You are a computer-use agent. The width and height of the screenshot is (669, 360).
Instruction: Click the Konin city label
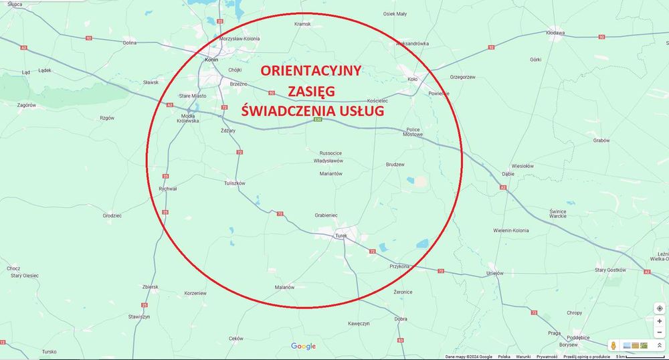[212, 59]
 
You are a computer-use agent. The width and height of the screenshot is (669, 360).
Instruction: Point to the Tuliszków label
[235, 183]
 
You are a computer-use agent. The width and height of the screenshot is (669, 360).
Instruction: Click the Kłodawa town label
[555, 32]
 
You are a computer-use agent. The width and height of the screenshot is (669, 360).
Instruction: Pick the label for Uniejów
[494, 273]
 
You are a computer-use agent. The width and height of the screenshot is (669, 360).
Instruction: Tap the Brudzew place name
[395, 164]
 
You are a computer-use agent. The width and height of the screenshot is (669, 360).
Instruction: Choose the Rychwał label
[168, 189]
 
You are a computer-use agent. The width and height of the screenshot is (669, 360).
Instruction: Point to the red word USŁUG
[360, 110]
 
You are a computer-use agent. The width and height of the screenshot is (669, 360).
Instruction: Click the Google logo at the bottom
[303, 346]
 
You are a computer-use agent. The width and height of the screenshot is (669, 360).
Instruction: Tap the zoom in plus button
[660, 321]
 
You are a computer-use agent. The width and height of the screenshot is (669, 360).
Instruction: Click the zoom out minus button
[660, 333]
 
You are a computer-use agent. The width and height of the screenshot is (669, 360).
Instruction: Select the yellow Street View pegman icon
[612, 345]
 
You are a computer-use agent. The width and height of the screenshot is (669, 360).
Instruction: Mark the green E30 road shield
[318, 120]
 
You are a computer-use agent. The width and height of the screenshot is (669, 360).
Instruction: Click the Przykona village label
[399, 266]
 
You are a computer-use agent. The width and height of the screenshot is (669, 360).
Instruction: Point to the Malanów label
[284, 287]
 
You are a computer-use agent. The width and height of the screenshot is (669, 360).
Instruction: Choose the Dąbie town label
[508, 173]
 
